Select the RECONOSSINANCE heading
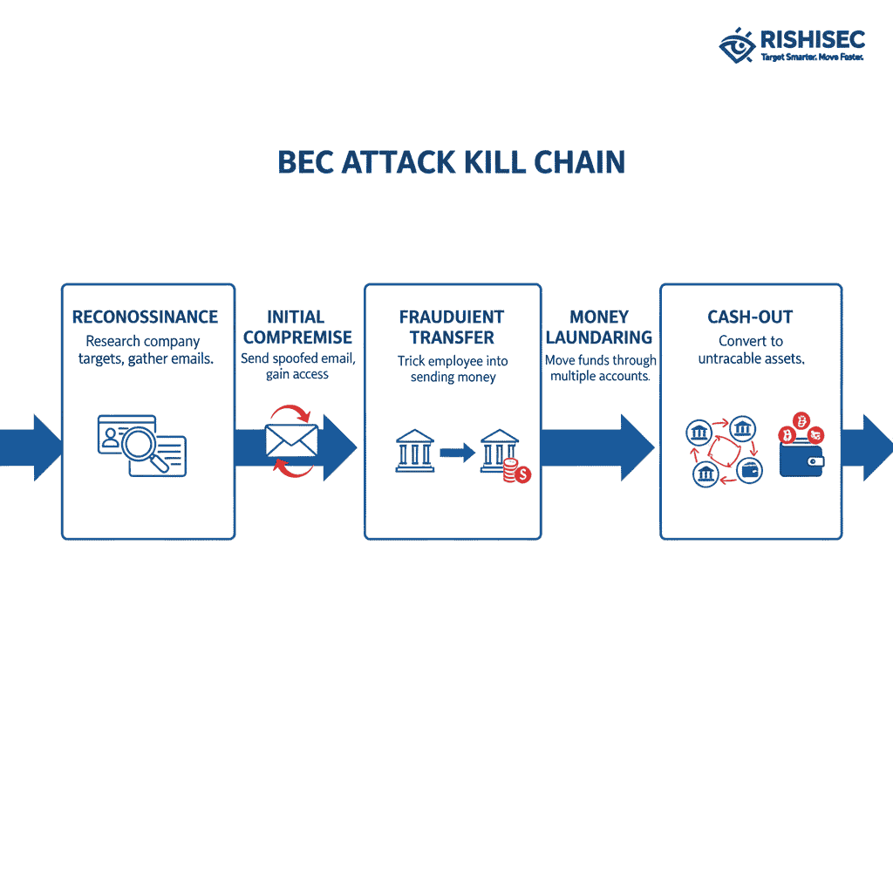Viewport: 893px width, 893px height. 146,317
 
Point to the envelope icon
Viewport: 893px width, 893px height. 291,440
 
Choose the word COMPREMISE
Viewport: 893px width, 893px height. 297,337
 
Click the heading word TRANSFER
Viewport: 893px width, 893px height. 452,337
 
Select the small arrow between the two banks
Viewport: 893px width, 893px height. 456,453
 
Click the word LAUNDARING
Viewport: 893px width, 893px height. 599,337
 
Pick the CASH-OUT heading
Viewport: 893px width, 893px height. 750,317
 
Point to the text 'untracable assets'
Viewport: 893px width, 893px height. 750,358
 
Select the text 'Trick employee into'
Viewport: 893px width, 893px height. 452,361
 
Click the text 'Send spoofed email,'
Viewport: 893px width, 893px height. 297,358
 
